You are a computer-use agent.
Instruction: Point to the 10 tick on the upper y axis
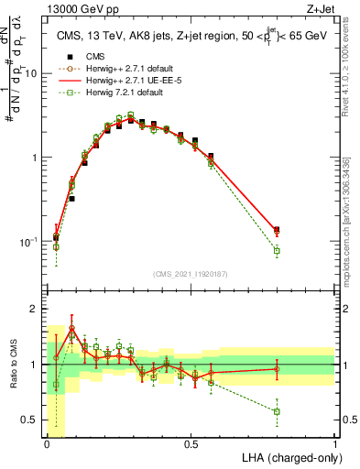(34, 73)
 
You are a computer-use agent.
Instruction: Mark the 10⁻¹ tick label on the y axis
(31, 242)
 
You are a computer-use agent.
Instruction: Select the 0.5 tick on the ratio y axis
(33, 420)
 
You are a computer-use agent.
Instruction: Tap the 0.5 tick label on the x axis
(191, 444)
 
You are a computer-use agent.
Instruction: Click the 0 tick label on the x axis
(48, 444)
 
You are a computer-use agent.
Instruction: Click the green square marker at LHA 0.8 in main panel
(277, 251)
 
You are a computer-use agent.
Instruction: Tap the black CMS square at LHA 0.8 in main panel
(277, 230)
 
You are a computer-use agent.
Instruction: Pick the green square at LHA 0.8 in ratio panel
(277, 411)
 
